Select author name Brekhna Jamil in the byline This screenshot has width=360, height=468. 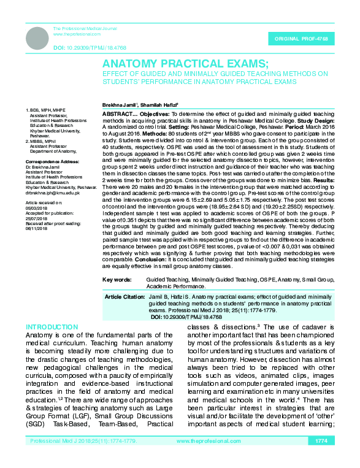[120, 105]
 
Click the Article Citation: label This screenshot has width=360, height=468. [124, 297]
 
